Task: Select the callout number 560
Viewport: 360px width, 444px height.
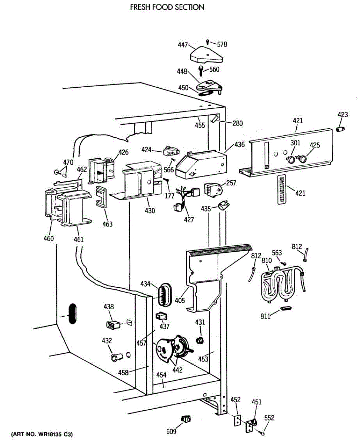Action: (214, 70)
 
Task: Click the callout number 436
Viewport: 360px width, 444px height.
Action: (240, 145)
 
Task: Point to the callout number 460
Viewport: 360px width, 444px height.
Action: (49, 238)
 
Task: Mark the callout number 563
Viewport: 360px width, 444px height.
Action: (277, 253)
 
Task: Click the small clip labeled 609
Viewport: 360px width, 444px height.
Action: (186, 419)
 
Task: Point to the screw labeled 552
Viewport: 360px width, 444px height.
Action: (262, 433)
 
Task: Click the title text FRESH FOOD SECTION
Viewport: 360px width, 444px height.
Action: (167, 7)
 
